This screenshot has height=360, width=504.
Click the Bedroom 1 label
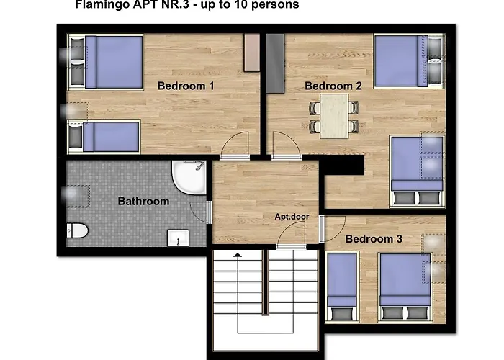[x=186, y=86]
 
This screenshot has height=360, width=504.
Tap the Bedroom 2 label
[x=333, y=86]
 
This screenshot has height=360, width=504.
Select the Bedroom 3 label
[x=374, y=239]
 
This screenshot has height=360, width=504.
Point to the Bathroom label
[x=144, y=201]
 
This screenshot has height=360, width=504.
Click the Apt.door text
[x=292, y=217]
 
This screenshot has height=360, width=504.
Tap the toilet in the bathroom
[x=77, y=230]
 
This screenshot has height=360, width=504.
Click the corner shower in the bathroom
[x=189, y=177]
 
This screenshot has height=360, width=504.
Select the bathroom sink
[x=178, y=238]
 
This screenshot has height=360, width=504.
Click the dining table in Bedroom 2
[x=334, y=116]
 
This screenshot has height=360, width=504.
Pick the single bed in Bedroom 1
[x=104, y=137]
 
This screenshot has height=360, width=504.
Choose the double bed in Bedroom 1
[x=105, y=62]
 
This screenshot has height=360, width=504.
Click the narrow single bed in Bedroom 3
[x=342, y=287]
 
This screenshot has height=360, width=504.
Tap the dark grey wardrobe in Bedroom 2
[x=275, y=63]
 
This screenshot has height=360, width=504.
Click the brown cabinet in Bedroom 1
[x=252, y=53]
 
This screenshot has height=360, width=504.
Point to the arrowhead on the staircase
[x=238, y=255]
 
